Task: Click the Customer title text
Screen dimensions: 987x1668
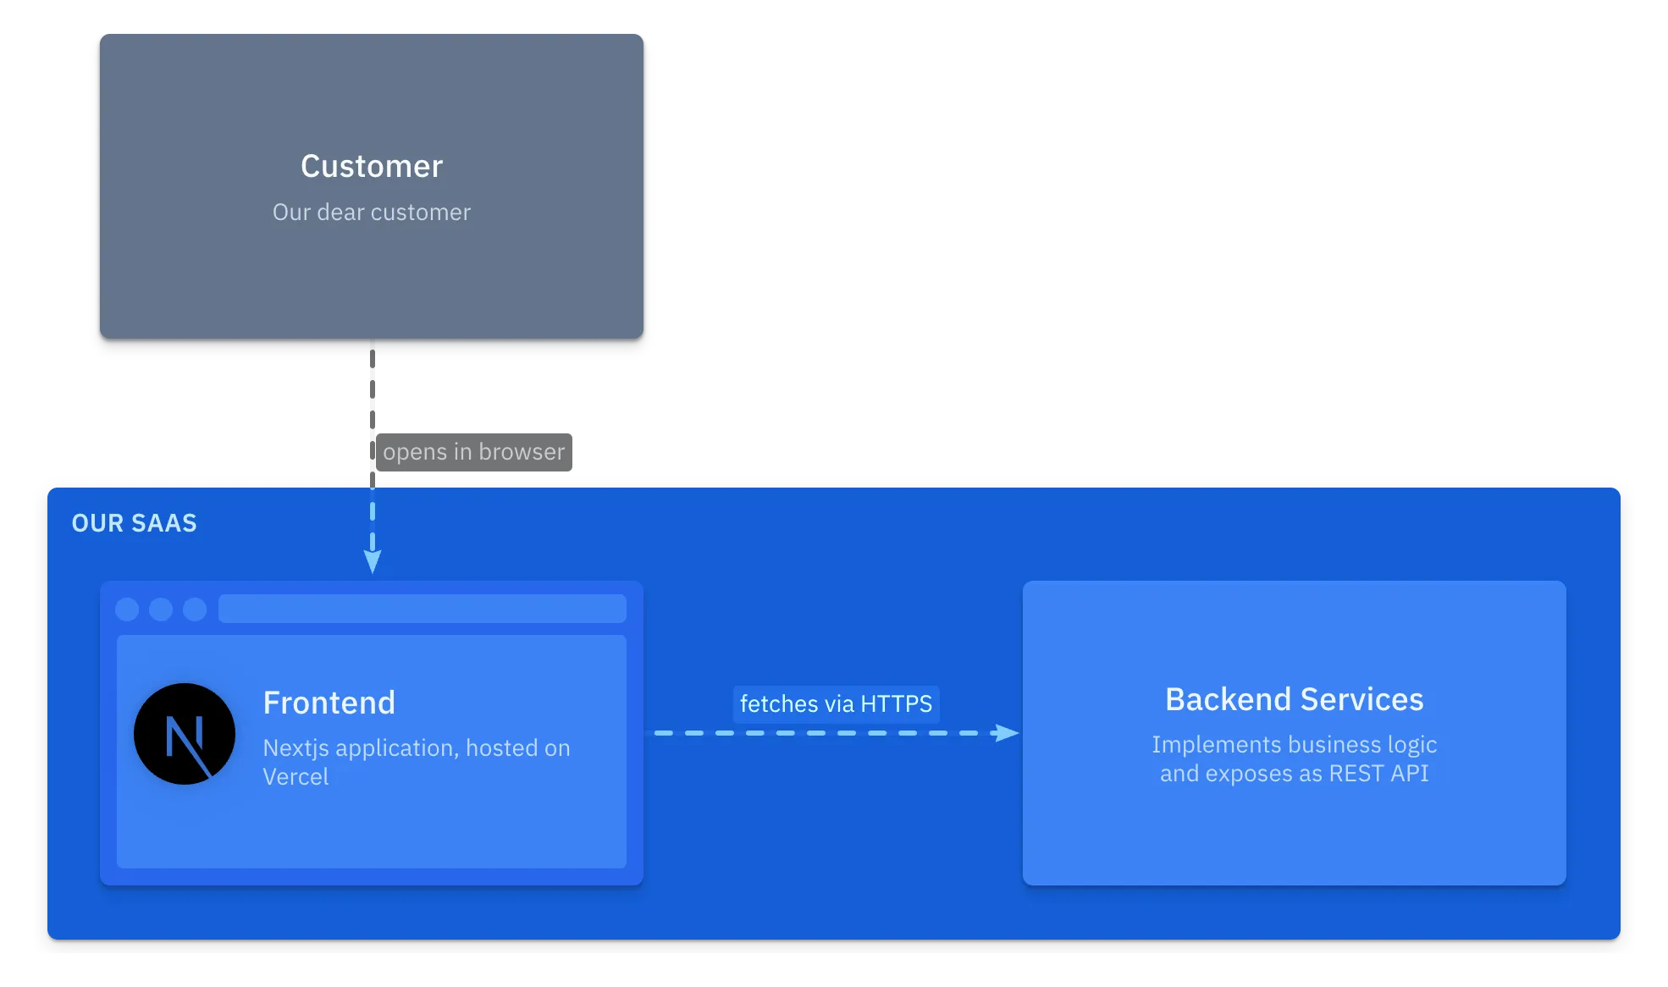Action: tap(372, 166)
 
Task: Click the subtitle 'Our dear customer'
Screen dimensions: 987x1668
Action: tap(372, 212)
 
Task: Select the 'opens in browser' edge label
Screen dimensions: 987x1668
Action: tap(474, 452)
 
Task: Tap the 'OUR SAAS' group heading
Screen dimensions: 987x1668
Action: tap(134, 523)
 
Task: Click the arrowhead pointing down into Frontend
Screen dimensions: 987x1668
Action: tap(373, 561)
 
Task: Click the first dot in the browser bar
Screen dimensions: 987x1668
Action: tap(127, 609)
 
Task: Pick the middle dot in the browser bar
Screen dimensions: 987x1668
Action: tap(161, 609)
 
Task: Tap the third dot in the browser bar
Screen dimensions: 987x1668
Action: tap(195, 609)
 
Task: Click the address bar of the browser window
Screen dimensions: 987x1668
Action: tap(422, 609)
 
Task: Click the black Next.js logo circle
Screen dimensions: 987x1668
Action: tap(185, 734)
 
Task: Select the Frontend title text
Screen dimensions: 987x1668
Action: tap(329, 703)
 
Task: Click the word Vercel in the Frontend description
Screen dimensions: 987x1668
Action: tap(295, 777)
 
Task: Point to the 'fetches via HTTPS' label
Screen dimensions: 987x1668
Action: tap(836, 703)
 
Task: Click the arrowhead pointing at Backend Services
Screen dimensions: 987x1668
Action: tap(1007, 733)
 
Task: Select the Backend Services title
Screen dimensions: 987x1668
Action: tap(1294, 699)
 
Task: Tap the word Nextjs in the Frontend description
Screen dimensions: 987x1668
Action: tap(296, 748)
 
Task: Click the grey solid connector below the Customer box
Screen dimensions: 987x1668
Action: tap(373, 406)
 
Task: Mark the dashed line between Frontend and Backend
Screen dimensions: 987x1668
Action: tap(813, 733)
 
